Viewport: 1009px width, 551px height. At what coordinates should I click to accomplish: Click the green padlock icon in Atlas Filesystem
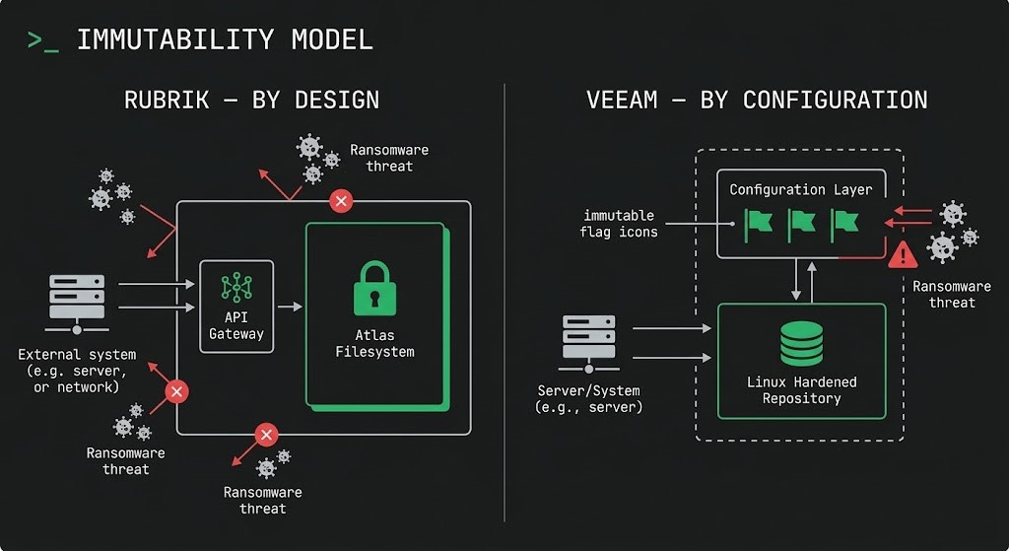tap(373, 287)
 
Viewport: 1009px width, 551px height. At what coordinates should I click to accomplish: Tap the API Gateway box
tap(236, 307)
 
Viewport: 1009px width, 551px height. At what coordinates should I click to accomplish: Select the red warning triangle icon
tap(903, 255)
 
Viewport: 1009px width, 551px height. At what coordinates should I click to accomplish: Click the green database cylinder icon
tap(801, 342)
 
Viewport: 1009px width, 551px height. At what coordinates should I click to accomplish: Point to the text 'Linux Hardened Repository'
tap(801, 390)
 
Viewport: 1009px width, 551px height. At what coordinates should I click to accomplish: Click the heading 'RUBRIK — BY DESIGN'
tap(251, 101)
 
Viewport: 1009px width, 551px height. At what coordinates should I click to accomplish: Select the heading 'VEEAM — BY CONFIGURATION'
tap(757, 101)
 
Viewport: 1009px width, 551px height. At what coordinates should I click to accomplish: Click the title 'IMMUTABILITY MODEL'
tap(225, 40)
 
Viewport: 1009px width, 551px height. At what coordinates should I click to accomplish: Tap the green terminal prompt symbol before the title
tap(42, 40)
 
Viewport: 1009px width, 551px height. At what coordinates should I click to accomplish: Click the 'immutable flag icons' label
tap(620, 224)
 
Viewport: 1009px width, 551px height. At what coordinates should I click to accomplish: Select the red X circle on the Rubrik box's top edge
tap(341, 201)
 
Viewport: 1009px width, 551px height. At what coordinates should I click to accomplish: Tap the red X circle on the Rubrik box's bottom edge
tap(266, 435)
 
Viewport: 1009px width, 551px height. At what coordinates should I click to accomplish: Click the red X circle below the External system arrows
tap(176, 392)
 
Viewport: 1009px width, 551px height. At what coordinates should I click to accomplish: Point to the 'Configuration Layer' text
tap(800, 189)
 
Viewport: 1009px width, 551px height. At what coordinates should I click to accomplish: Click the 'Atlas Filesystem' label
tap(374, 343)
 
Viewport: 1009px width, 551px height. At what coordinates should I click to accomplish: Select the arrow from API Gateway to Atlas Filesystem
tap(290, 308)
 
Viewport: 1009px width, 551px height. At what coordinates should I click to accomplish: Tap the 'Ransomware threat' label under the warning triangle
tap(951, 294)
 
